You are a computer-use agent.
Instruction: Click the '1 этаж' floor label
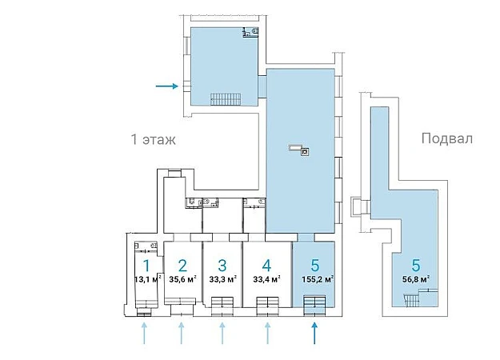[153, 139]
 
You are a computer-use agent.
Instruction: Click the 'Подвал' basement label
[446, 138]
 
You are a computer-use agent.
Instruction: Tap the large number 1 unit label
[146, 266]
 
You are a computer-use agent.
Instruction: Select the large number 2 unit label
[182, 266]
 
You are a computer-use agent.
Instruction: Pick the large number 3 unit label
[222, 266]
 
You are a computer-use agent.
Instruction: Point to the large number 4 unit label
[266, 266]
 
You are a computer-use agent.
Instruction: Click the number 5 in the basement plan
[416, 266]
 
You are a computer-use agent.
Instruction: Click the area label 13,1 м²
[148, 279]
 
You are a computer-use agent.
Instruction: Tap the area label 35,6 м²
[182, 279]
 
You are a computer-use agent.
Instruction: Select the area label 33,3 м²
[222, 279]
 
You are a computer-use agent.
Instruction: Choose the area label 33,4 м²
[266, 279]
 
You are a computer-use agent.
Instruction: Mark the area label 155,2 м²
[318, 279]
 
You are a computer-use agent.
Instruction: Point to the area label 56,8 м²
[416, 279]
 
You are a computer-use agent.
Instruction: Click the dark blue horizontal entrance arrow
[166, 86]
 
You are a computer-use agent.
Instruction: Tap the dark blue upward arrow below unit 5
[314, 333]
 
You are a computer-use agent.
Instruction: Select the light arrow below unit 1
[144, 333]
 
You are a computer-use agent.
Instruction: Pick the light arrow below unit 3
[222, 333]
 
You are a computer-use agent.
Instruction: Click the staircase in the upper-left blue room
[226, 99]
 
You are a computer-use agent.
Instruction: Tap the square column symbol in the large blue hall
[305, 152]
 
